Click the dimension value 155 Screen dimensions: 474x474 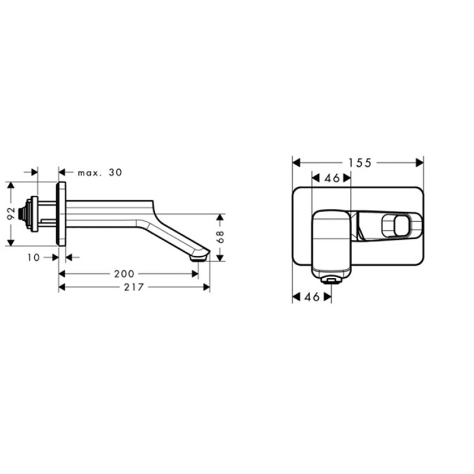360,163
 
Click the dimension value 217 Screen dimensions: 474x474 134,287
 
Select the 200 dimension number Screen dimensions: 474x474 124,274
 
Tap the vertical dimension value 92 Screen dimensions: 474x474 11,213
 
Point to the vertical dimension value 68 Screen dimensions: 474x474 220,236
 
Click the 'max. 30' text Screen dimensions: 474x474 100,173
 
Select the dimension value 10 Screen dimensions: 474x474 34,257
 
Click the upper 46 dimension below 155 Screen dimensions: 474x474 332,179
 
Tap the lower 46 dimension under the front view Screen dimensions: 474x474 312,297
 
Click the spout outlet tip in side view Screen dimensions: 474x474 198,257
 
